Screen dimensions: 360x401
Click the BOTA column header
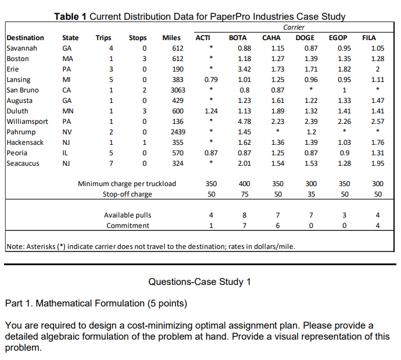[238, 38]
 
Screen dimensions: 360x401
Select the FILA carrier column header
[368, 38]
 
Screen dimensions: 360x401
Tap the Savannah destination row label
[22, 48]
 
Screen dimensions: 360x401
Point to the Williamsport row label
[26, 122]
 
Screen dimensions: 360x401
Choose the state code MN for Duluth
[67, 111]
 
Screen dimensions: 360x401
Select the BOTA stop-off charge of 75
[245, 194]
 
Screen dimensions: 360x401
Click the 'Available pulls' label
[127, 215]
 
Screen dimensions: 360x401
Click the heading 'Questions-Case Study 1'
[199, 282]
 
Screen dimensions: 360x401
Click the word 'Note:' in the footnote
[16, 246]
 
